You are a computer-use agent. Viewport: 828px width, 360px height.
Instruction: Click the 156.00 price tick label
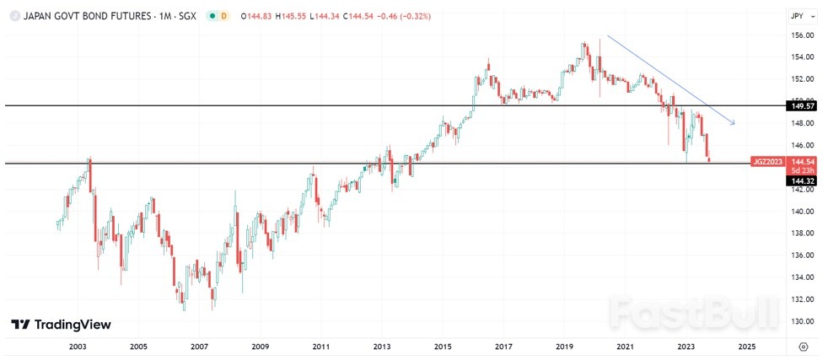(802, 35)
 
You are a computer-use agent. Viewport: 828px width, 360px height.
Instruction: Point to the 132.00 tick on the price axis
(802, 299)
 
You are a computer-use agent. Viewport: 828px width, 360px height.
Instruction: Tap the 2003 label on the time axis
(78, 347)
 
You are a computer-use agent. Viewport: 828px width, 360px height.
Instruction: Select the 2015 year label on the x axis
(443, 347)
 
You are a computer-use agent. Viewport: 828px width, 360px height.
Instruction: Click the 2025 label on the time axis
(746, 347)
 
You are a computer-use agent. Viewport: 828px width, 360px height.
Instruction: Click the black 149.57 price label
(802, 106)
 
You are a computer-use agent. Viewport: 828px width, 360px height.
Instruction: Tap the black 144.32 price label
(802, 181)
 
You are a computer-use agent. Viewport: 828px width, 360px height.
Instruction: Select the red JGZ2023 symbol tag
(767, 160)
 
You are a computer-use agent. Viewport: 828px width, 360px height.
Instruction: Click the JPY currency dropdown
(800, 15)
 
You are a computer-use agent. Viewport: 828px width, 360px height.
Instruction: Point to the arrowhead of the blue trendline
(734, 124)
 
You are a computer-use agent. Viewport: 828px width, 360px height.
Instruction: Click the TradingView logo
(61, 325)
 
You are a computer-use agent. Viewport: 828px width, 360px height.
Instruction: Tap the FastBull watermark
(691, 314)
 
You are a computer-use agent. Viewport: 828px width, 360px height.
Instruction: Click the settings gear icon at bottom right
(803, 347)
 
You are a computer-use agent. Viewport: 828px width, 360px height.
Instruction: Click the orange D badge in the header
(224, 16)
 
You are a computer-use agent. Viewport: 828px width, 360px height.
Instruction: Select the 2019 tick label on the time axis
(564, 347)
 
